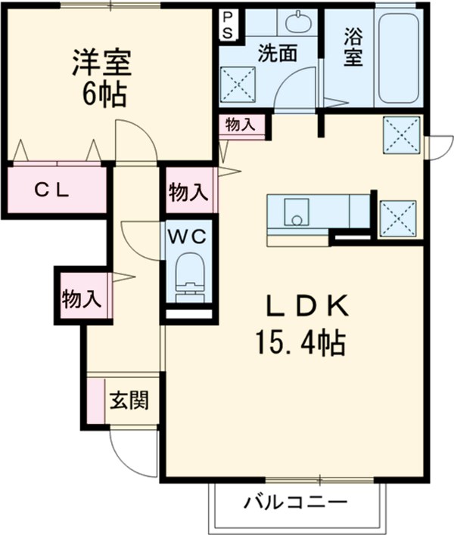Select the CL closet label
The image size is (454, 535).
51,190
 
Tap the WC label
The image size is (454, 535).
187,237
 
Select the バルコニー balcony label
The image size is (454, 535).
297,503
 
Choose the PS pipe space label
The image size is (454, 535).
228,24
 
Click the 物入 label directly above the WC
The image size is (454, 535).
188,192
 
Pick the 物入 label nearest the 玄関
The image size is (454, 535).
82,298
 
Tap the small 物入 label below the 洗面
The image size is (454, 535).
241,125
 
